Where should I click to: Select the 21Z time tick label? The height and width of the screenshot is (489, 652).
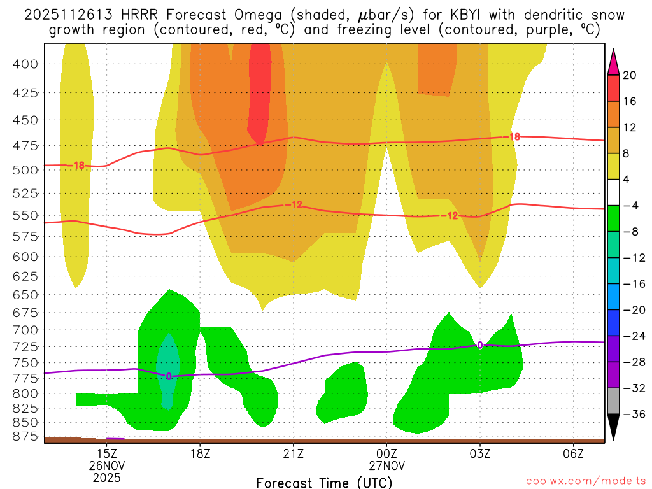293,453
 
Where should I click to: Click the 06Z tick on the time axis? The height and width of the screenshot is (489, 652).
574,453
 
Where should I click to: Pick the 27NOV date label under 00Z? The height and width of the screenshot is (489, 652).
386,465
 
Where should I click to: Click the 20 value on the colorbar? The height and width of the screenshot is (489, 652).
630,75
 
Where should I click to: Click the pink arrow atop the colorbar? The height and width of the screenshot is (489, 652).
613,62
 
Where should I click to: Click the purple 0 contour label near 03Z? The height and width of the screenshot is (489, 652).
479,344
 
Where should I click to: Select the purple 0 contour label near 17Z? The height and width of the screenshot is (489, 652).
169,376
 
